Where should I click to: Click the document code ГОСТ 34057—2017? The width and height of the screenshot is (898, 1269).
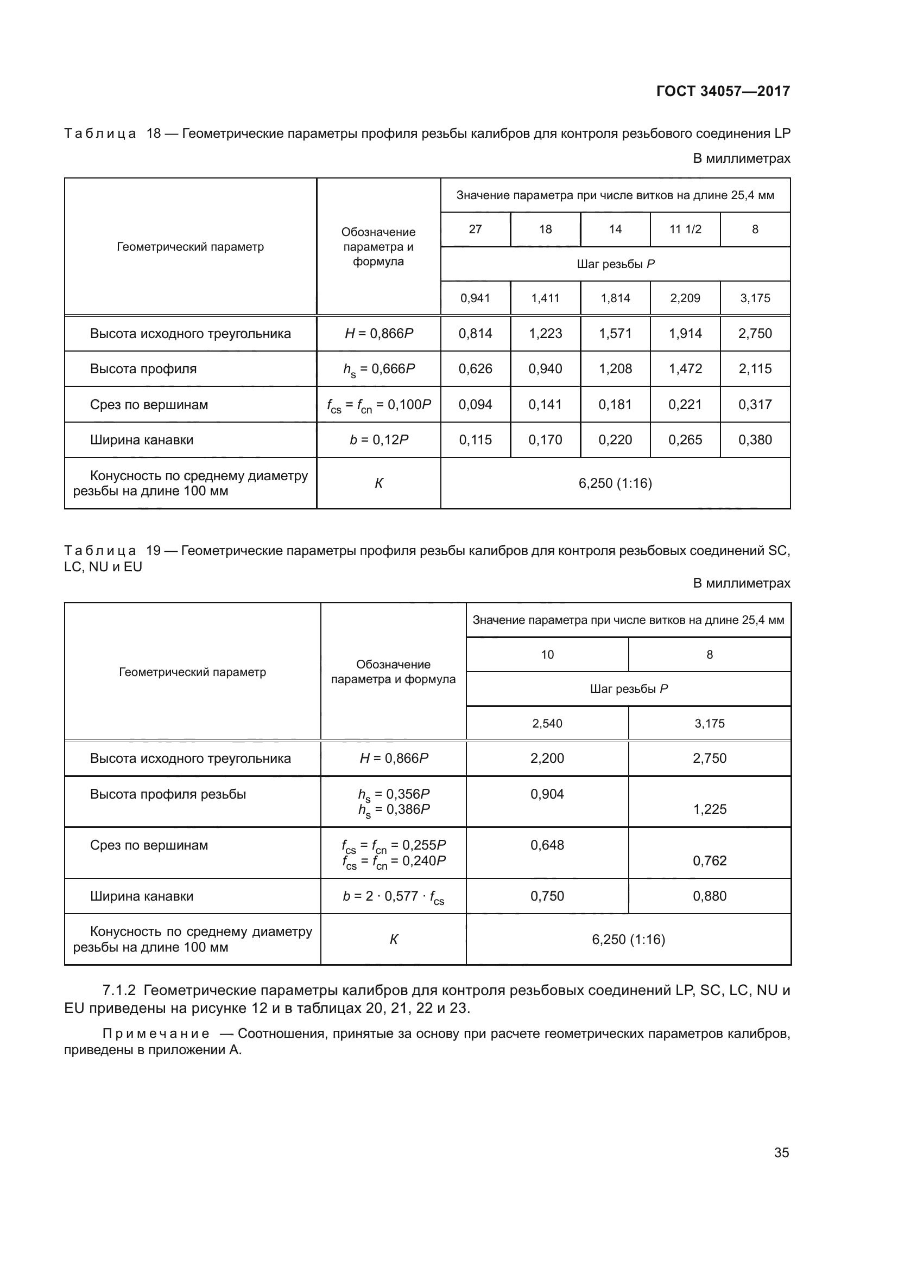(723, 91)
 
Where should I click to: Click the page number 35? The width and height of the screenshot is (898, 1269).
(781, 1152)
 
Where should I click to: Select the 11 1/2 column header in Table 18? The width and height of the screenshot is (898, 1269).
(685, 229)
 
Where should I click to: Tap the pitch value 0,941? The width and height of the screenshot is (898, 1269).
(475, 298)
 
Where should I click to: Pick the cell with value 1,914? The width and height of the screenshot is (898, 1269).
(685, 334)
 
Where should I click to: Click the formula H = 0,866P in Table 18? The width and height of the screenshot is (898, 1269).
(379, 334)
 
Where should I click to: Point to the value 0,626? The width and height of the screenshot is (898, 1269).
(475, 368)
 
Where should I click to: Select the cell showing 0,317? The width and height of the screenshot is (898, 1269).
(755, 405)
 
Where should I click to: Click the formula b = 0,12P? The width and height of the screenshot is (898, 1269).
(379, 440)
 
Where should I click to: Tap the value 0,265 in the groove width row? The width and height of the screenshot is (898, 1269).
(685, 440)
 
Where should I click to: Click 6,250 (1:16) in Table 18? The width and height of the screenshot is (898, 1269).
(615, 483)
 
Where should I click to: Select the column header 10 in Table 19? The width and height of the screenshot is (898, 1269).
(547, 655)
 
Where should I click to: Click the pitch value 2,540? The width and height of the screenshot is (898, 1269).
(547, 724)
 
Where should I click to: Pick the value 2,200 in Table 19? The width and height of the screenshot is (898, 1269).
(547, 758)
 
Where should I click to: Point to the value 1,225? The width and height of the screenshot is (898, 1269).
(710, 809)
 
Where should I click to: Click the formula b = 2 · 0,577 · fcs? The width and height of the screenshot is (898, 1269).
(393, 896)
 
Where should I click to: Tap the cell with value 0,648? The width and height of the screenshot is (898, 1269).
(547, 845)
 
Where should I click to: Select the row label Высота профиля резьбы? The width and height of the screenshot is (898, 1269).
(168, 794)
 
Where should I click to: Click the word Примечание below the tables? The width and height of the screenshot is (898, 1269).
(156, 1034)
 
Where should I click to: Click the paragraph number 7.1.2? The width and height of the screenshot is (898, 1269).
(119, 990)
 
